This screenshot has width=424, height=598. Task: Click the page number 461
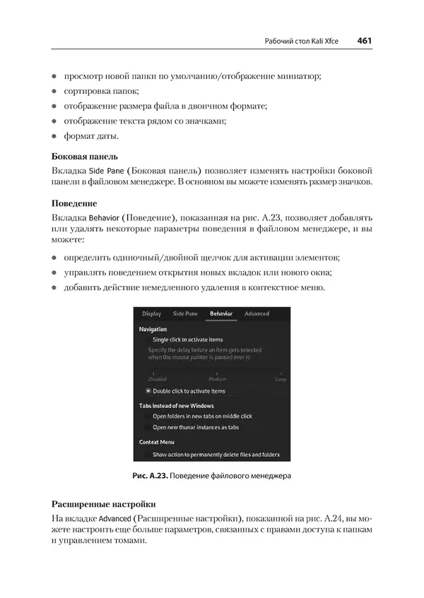pyautogui.click(x=365, y=41)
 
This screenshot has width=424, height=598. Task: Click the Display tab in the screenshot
pyautogui.click(x=152, y=313)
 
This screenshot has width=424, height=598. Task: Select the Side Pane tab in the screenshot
pyautogui.click(x=185, y=313)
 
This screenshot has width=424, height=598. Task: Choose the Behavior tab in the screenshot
pyautogui.click(x=220, y=313)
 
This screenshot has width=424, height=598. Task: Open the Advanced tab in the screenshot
pyautogui.click(x=257, y=313)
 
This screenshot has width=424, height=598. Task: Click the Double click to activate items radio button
pyautogui.click(x=148, y=390)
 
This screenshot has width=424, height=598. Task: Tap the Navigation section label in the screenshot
pyautogui.click(x=153, y=329)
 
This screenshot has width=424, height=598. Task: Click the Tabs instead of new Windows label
pyautogui.click(x=177, y=406)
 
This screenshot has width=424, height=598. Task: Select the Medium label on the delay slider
pyautogui.click(x=217, y=379)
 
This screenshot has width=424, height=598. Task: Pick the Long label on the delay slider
pyautogui.click(x=281, y=379)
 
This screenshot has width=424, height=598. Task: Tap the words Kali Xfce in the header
pyautogui.click(x=324, y=41)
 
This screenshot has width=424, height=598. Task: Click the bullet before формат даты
pyautogui.click(x=54, y=137)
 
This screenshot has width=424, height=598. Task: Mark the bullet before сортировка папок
pyautogui.click(x=54, y=92)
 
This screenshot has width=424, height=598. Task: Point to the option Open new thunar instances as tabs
pyautogui.click(x=196, y=427)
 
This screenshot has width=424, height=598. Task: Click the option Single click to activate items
pyautogui.click(x=187, y=340)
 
